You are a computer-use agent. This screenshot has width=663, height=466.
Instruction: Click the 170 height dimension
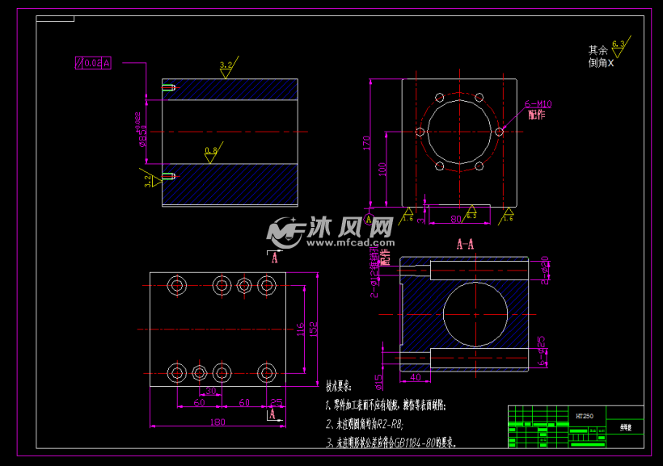pos(366,143)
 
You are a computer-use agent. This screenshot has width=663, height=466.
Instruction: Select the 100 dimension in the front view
pos(383,170)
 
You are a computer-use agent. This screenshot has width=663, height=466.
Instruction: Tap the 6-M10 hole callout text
pos(538,103)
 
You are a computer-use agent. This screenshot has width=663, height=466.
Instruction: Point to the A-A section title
pos(465,243)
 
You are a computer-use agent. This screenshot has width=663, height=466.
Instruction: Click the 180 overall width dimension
pos(217,421)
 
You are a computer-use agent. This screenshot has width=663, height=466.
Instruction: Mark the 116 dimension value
pos(300,329)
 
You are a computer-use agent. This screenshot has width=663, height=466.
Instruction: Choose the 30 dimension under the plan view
pos(210,391)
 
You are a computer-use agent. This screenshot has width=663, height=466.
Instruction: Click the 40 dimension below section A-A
pos(415,377)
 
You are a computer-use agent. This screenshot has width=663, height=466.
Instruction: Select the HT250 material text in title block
pos(584,416)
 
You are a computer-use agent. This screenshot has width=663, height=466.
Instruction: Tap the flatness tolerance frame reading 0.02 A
pos(92,62)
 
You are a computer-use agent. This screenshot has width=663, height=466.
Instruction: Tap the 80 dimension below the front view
pos(456,217)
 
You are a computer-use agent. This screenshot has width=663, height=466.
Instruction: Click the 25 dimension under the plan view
pos(276,401)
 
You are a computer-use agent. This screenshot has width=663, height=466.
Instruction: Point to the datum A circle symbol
pos(370,218)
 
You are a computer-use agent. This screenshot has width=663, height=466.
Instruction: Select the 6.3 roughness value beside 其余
pos(619,43)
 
